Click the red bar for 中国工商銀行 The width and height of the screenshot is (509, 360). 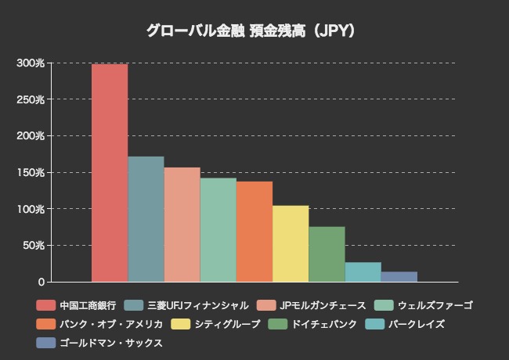click(x=110, y=173)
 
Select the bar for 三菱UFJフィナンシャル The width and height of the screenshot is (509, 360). click(x=146, y=219)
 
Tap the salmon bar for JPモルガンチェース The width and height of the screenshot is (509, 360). click(x=182, y=225)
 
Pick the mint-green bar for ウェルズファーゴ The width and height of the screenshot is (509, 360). click(x=218, y=230)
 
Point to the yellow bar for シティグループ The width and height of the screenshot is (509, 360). click(x=290, y=243)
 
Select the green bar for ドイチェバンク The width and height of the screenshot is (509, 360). click(x=327, y=254)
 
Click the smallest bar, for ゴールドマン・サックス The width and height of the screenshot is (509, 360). click(x=399, y=276)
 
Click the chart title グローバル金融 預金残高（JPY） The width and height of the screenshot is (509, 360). click(x=254, y=31)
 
